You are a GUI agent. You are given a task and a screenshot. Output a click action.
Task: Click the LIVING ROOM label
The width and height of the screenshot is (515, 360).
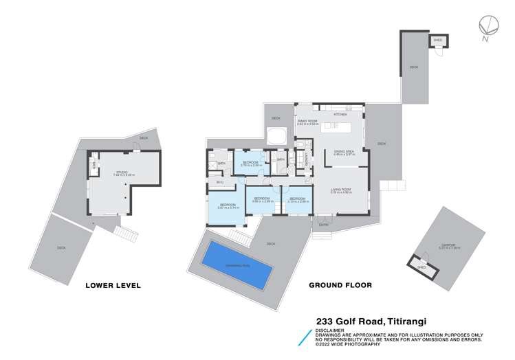point(341,190)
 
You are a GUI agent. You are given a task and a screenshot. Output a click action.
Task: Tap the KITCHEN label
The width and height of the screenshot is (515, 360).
point(340,114)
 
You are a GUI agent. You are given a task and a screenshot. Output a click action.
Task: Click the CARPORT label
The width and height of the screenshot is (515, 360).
point(450,247)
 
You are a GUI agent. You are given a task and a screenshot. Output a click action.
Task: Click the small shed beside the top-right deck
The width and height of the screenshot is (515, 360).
point(438,41)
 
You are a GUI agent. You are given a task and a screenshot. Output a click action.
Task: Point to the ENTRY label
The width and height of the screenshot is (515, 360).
point(323,225)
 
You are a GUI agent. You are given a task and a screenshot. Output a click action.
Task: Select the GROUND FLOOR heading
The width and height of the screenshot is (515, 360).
point(340,285)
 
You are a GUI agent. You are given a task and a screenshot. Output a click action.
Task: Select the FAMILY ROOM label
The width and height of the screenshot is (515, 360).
point(307,122)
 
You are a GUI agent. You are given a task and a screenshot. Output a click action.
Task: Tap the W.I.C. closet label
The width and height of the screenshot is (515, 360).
point(220,182)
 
